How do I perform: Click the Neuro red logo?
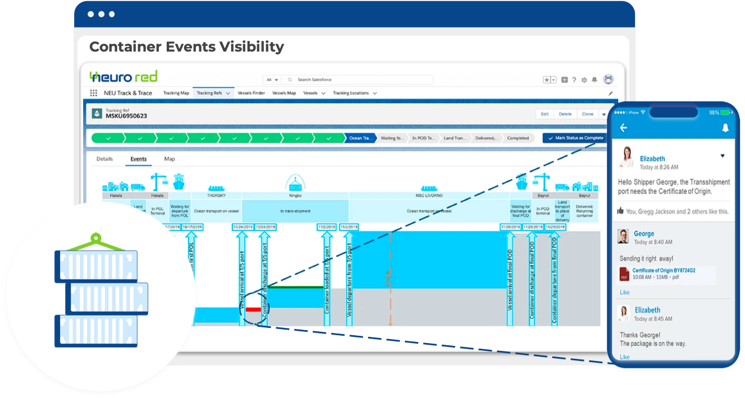coord(124,77)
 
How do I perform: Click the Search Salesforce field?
coord(359,80)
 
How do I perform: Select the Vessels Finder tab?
coord(251,93)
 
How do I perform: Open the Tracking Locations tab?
coord(351,93)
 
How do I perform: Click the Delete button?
coord(565,114)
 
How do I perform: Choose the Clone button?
coord(587,114)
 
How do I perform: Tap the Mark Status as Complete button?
coord(575,138)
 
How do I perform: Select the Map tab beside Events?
coord(170,159)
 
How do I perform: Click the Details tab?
coord(104,159)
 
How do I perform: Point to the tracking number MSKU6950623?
coord(126,116)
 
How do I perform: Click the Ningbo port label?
coord(295,196)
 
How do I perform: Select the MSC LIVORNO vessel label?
coord(429,196)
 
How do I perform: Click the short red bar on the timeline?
coord(253,309)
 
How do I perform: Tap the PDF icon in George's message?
coord(624,274)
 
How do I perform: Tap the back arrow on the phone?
coord(623,128)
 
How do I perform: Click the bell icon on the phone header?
coord(725,128)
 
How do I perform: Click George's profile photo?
coord(623,237)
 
